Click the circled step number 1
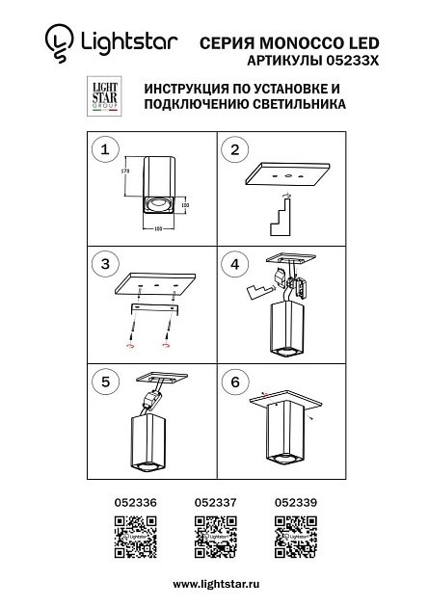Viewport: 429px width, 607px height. [x=105, y=149]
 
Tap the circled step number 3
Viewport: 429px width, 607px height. [x=105, y=262]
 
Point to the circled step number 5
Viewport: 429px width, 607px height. [x=105, y=381]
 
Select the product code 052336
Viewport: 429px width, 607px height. [x=134, y=502]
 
